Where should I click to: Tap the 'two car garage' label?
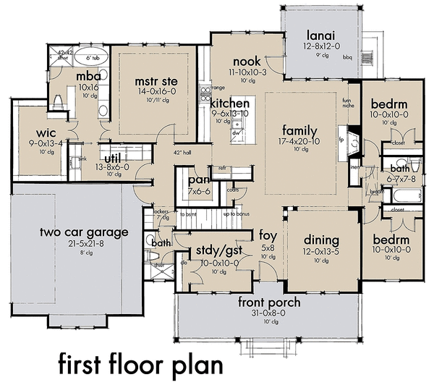(x=85, y=232)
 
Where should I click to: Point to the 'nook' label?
(x=247, y=62)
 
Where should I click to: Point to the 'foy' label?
(x=268, y=235)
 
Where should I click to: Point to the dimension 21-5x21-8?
(x=85, y=244)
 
